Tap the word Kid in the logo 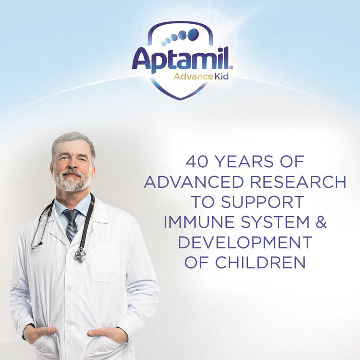(221, 76)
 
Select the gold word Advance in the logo (193, 76)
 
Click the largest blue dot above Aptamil (193, 34)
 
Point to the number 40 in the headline (197, 161)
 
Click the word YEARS (245, 161)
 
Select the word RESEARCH (298, 182)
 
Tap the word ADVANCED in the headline (194, 182)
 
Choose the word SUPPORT (262, 202)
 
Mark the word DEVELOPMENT (245, 242)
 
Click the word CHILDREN (261, 262)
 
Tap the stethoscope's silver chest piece (81, 255)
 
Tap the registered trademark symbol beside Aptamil (231, 67)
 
